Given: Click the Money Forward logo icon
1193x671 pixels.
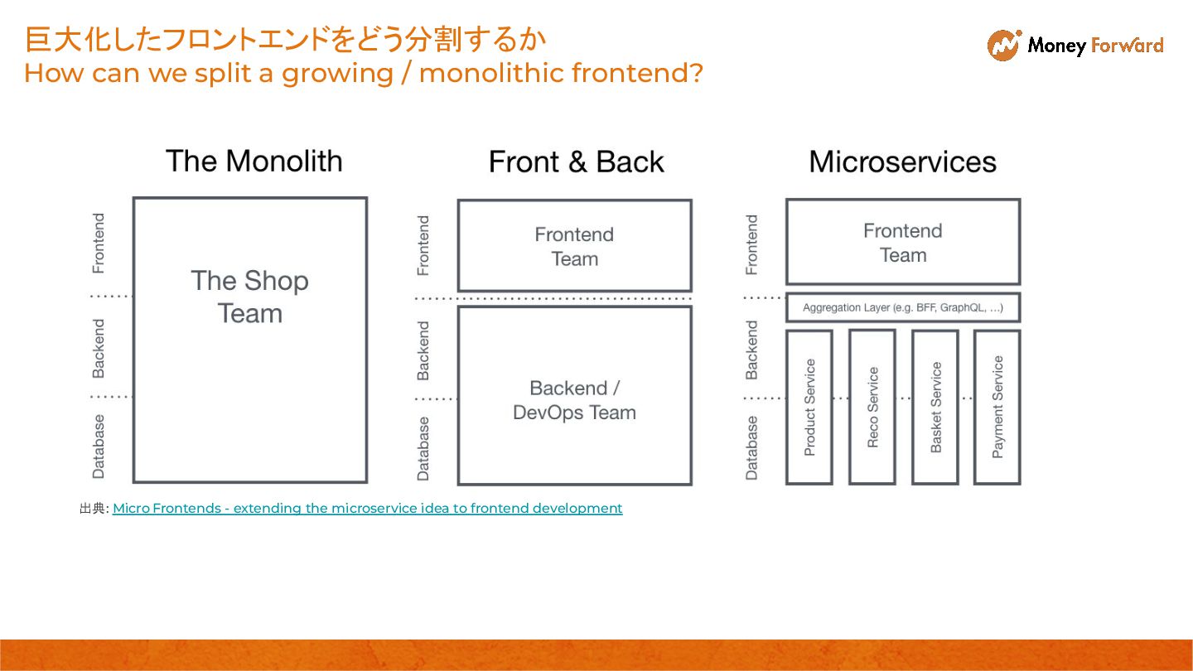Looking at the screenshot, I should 1003,45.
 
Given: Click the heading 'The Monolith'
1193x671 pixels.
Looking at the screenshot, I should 254,161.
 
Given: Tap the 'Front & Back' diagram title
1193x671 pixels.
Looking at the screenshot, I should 576,162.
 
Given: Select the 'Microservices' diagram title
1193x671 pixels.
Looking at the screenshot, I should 902,162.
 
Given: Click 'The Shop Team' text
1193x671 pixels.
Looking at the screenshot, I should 249,297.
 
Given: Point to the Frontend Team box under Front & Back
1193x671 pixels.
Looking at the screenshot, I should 574,246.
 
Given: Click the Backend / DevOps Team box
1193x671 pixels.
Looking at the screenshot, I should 574,396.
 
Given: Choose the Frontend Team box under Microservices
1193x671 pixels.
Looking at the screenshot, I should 902,242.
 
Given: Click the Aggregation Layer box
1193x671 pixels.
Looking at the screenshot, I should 902,307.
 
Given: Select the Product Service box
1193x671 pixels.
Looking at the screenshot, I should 809,407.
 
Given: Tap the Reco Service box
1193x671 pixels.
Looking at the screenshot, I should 872,407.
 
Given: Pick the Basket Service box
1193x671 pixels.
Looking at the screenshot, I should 935,407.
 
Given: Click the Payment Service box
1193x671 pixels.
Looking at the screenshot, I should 997,407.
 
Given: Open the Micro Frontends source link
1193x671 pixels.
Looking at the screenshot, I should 367,508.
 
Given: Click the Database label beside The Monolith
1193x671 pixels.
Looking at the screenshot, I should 99,447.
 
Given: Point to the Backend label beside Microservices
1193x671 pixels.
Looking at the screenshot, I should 751,350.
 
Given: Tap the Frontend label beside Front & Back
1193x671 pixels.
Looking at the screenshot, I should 423,245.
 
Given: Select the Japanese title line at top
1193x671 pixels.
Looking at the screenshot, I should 286,40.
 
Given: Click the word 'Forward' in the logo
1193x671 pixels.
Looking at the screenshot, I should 1128,45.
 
